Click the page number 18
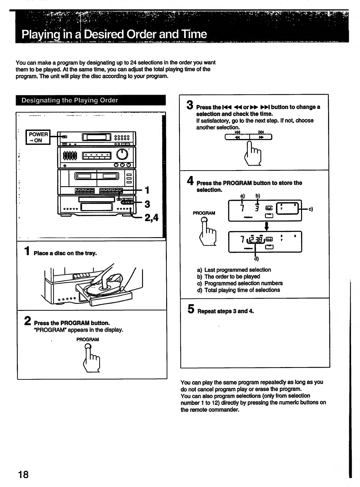pyautogui.click(x=23, y=474)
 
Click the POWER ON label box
pyautogui.click(x=38, y=137)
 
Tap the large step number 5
pyautogui.click(x=191, y=309)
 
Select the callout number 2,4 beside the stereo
pyautogui.click(x=151, y=217)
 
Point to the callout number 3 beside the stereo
pyautogui.click(x=147, y=204)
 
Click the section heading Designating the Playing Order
pyautogui.click(x=70, y=100)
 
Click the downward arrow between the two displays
pyautogui.click(x=266, y=226)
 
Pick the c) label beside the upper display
pyautogui.click(x=310, y=209)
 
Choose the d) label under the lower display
pyautogui.click(x=256, y=259)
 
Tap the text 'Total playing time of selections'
pyautogui.click(x=242, y=290)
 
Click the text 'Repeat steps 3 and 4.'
pyautogui.click(x=225, y=311)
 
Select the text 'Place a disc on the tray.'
pyautogui.click(x=65, y=253)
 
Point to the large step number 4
pyautogui.click(x=190, y=181)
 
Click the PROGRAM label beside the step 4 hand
pyautogui.click(x=204, y=213)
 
